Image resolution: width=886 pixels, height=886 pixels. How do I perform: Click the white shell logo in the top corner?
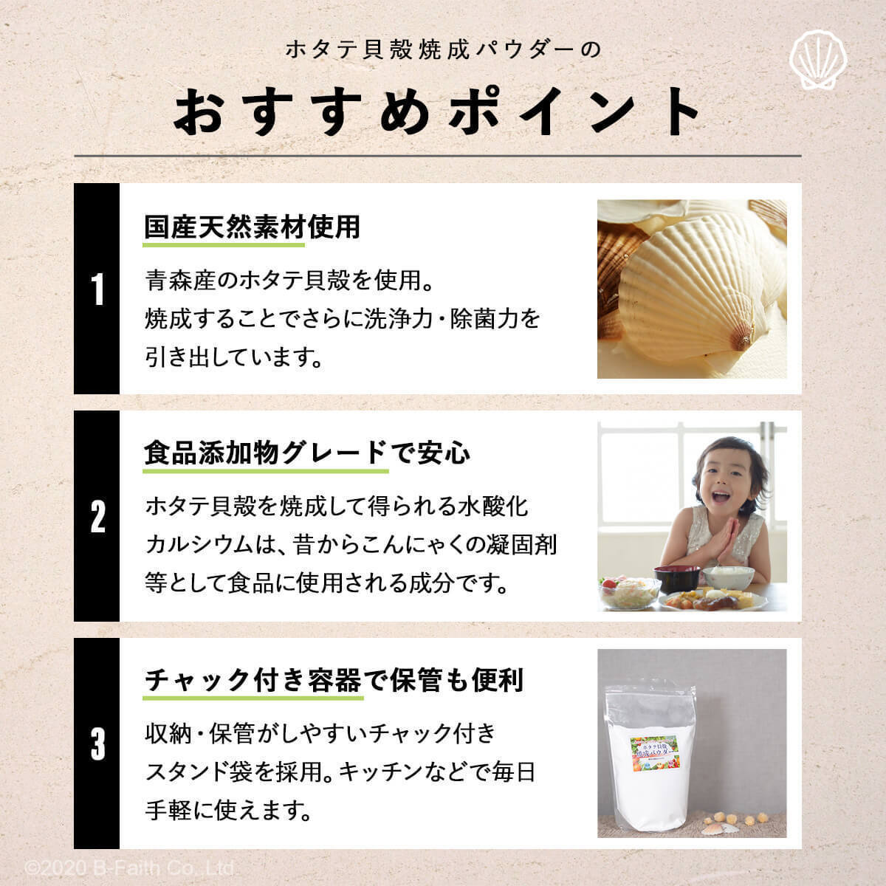pyautogui.click(x=818, y=60)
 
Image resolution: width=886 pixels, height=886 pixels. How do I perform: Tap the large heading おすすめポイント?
pyautogui.click(x=437, y=112)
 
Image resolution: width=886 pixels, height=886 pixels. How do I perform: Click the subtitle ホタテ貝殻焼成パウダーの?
pyautogui.click(x=444, y=49)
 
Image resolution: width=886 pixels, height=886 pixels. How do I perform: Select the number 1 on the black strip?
pyautogui.click(x=97, y=289)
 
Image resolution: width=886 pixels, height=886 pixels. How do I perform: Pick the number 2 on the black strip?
pyautogui.click(x=97, y=516)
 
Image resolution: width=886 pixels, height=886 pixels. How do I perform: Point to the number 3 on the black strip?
pyautogui.click(x=97, y=744)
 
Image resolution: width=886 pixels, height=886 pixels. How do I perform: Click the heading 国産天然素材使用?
pyautogui.click(x=252, y=227)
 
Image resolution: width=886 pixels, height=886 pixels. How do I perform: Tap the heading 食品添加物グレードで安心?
pyautogui.click(x=306, y=453)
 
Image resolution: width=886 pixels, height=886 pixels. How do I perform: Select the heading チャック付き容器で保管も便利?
pyautogui.click(x=334, y=679)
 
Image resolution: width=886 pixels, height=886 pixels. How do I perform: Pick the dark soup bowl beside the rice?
pyautogui.click(x=676, y=577)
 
